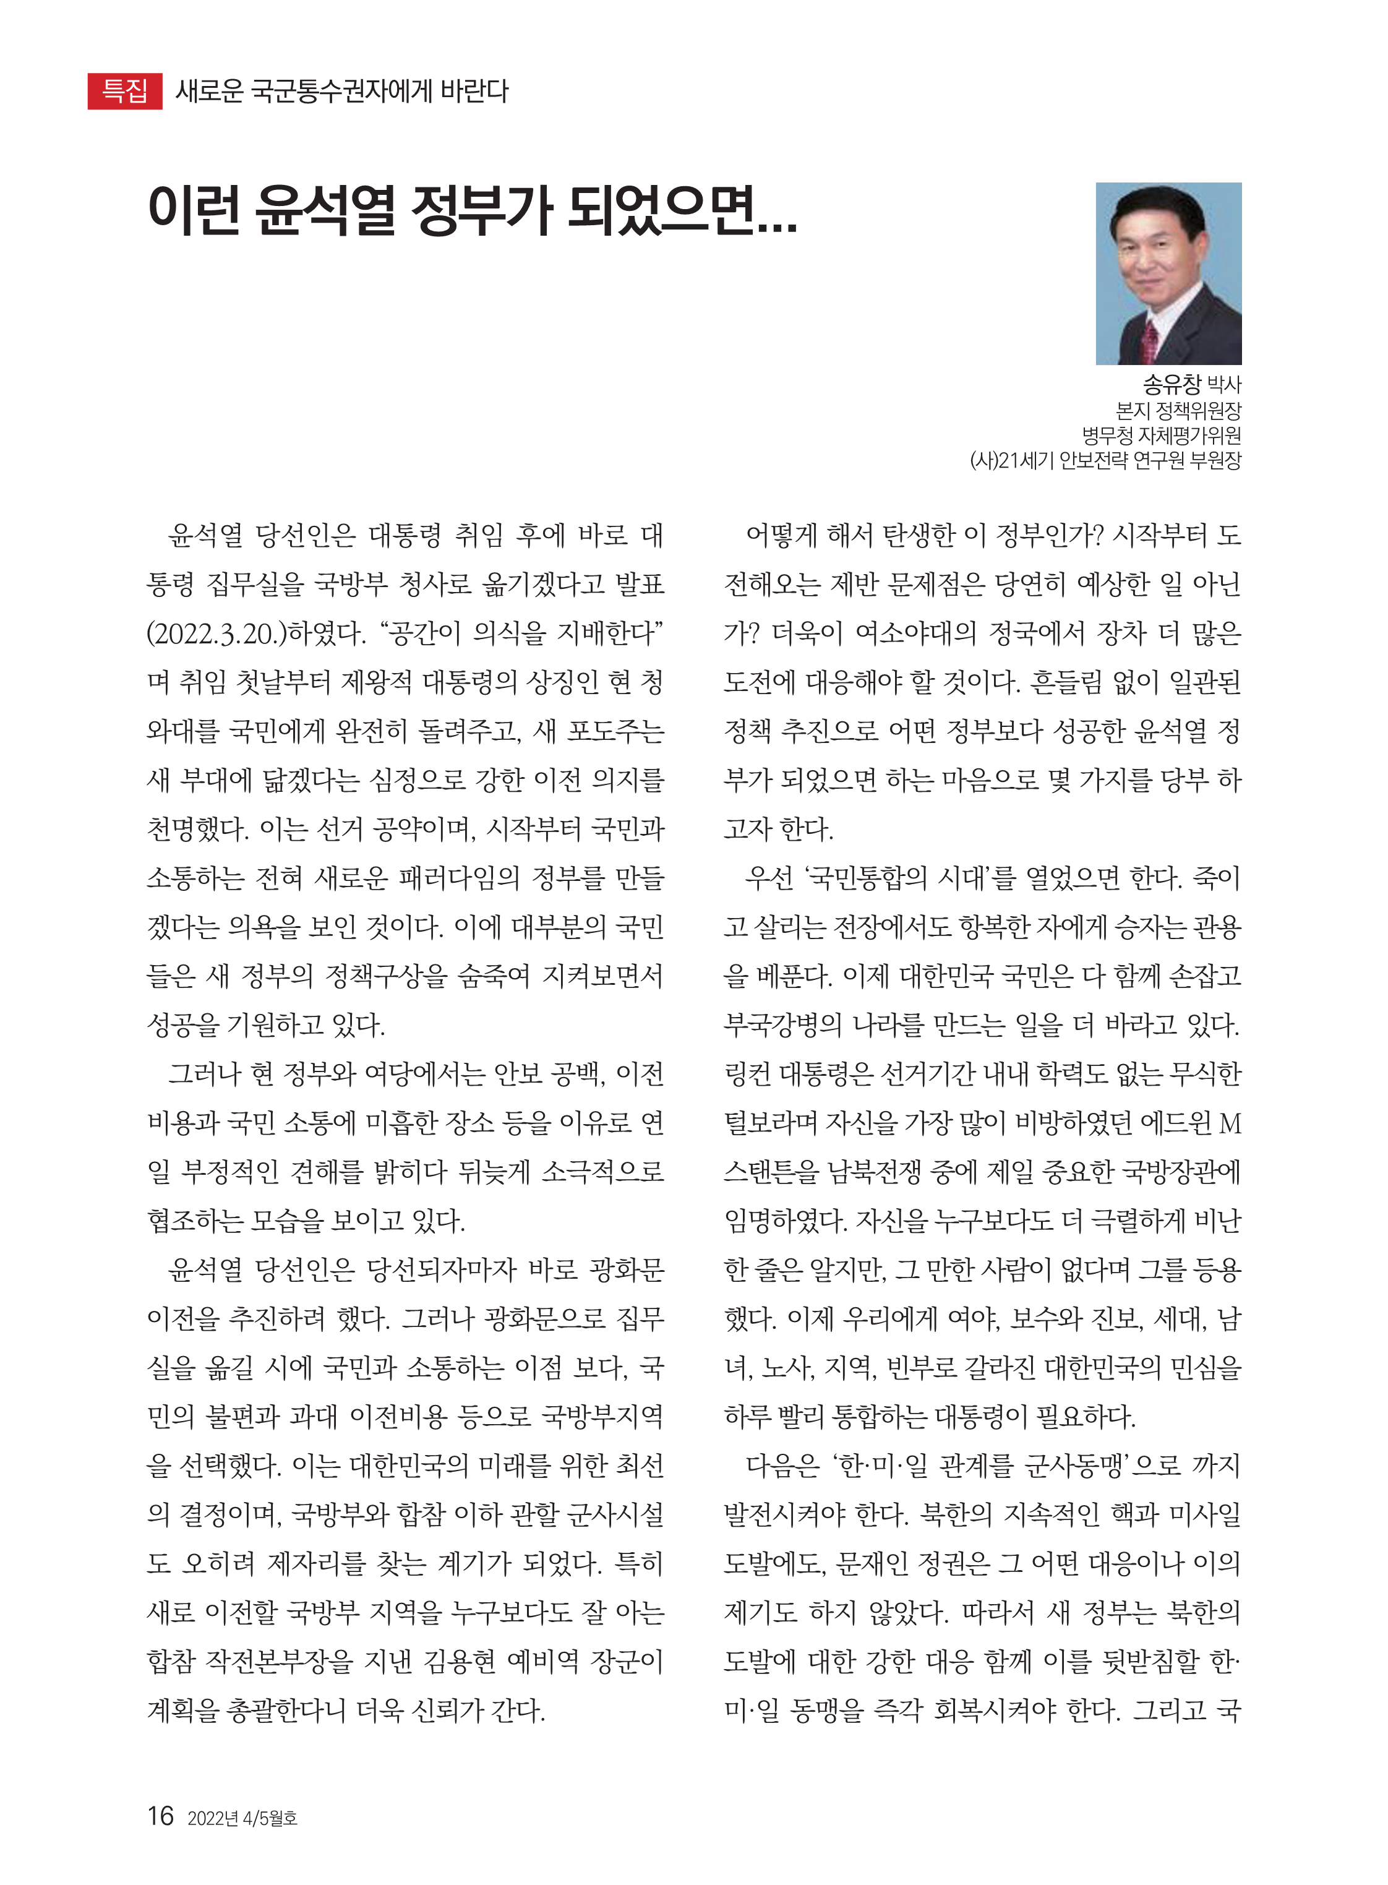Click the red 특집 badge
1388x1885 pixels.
pos(124,91)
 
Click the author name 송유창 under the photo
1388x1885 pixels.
pos(1172,385)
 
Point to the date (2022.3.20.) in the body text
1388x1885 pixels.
pos(216,633)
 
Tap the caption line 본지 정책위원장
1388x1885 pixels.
pos(1178,411)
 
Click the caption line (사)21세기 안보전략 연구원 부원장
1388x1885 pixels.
pos(1105,460)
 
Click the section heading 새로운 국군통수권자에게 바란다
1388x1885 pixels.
pos(341,91)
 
